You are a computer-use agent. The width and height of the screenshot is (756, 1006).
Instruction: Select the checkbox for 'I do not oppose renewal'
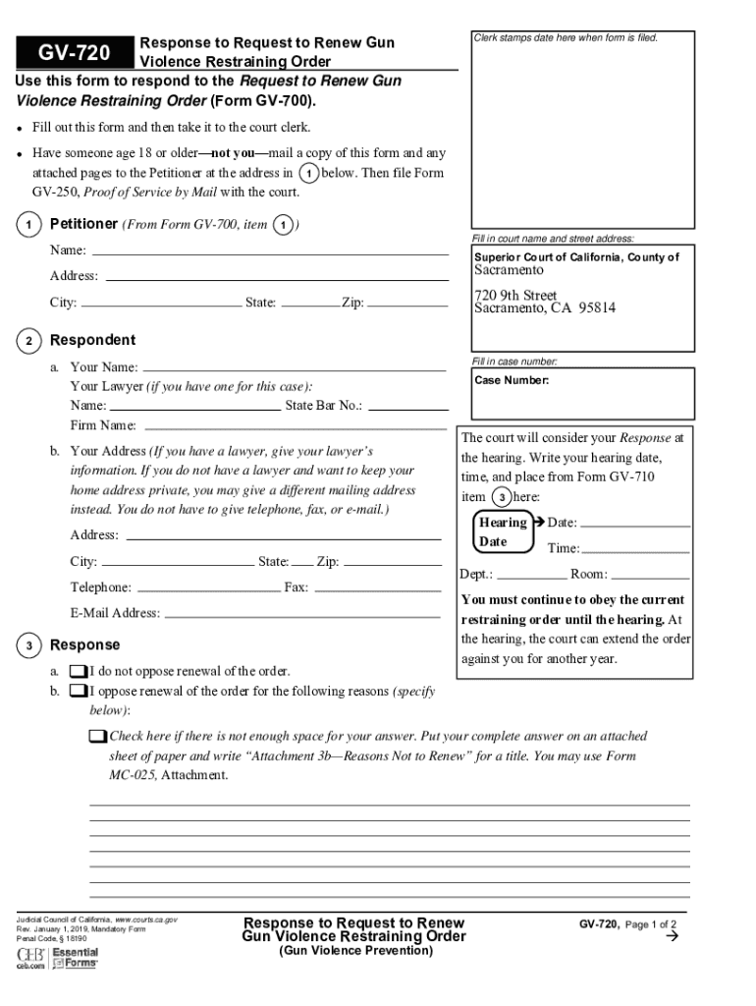pyautogui.click(x=78, y=672)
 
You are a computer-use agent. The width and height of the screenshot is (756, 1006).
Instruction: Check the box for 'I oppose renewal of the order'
pyautogui.click(x=78, y=692)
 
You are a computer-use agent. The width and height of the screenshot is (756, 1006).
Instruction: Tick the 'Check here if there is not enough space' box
pyautogui.click(x=96, y=737)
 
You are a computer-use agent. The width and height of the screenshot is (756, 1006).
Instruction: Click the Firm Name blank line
pyautogui.click(x=295, y=426)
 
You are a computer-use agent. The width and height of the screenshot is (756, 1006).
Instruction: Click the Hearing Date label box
pyautogui.click(x=501, y=531)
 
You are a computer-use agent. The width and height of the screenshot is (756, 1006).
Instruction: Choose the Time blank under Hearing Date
pyautogui.click(x=636, y=548)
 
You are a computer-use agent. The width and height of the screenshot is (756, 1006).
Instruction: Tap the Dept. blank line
pyautogui.click(x=531, y=575)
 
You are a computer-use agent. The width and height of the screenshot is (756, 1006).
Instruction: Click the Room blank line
pyautogui.click(x=650, y=575)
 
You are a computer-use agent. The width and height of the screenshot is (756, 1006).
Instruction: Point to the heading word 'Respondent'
pyautogui.click(x=92, y=340)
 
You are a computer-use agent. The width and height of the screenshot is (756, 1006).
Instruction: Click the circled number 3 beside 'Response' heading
pyautogui.click(x=30, y=645)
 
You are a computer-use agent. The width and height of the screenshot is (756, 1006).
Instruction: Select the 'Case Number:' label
pyautogui.click(x=512, y=380)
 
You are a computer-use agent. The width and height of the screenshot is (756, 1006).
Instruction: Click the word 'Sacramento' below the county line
pyautogui.click(x=509, y=270)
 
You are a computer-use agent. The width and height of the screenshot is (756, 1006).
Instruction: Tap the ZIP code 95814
pyautogui.click(x=597, y=308)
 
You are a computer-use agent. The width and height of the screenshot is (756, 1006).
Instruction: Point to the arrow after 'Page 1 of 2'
pyautogui.click(x=673, y=937)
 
